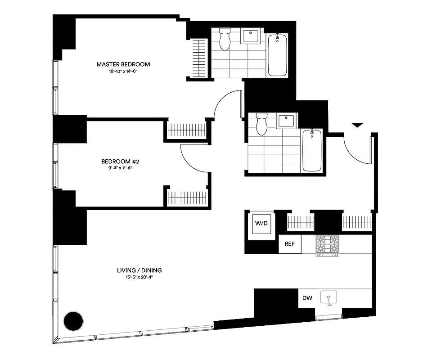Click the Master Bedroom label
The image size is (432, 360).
[x=123, y=64]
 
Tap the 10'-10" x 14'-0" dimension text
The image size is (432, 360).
[x=123, y=72]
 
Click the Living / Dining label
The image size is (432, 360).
[x=139, y=270]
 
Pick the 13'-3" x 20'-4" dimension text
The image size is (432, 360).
[x=139, y=278]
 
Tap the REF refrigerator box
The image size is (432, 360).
[x=290, y=244]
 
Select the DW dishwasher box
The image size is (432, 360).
[x=307, y=298]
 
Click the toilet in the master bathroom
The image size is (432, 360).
[x=225, y=40]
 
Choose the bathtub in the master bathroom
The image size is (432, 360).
[x=277, y=55]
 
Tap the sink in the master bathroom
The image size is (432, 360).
[x=250, y=36]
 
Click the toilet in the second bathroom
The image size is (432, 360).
[x=261, y=124]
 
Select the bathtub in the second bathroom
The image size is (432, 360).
[x=312, y=150]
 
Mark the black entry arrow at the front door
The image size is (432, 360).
[x=356, y=125]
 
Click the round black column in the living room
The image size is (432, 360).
[x=73, y=321]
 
